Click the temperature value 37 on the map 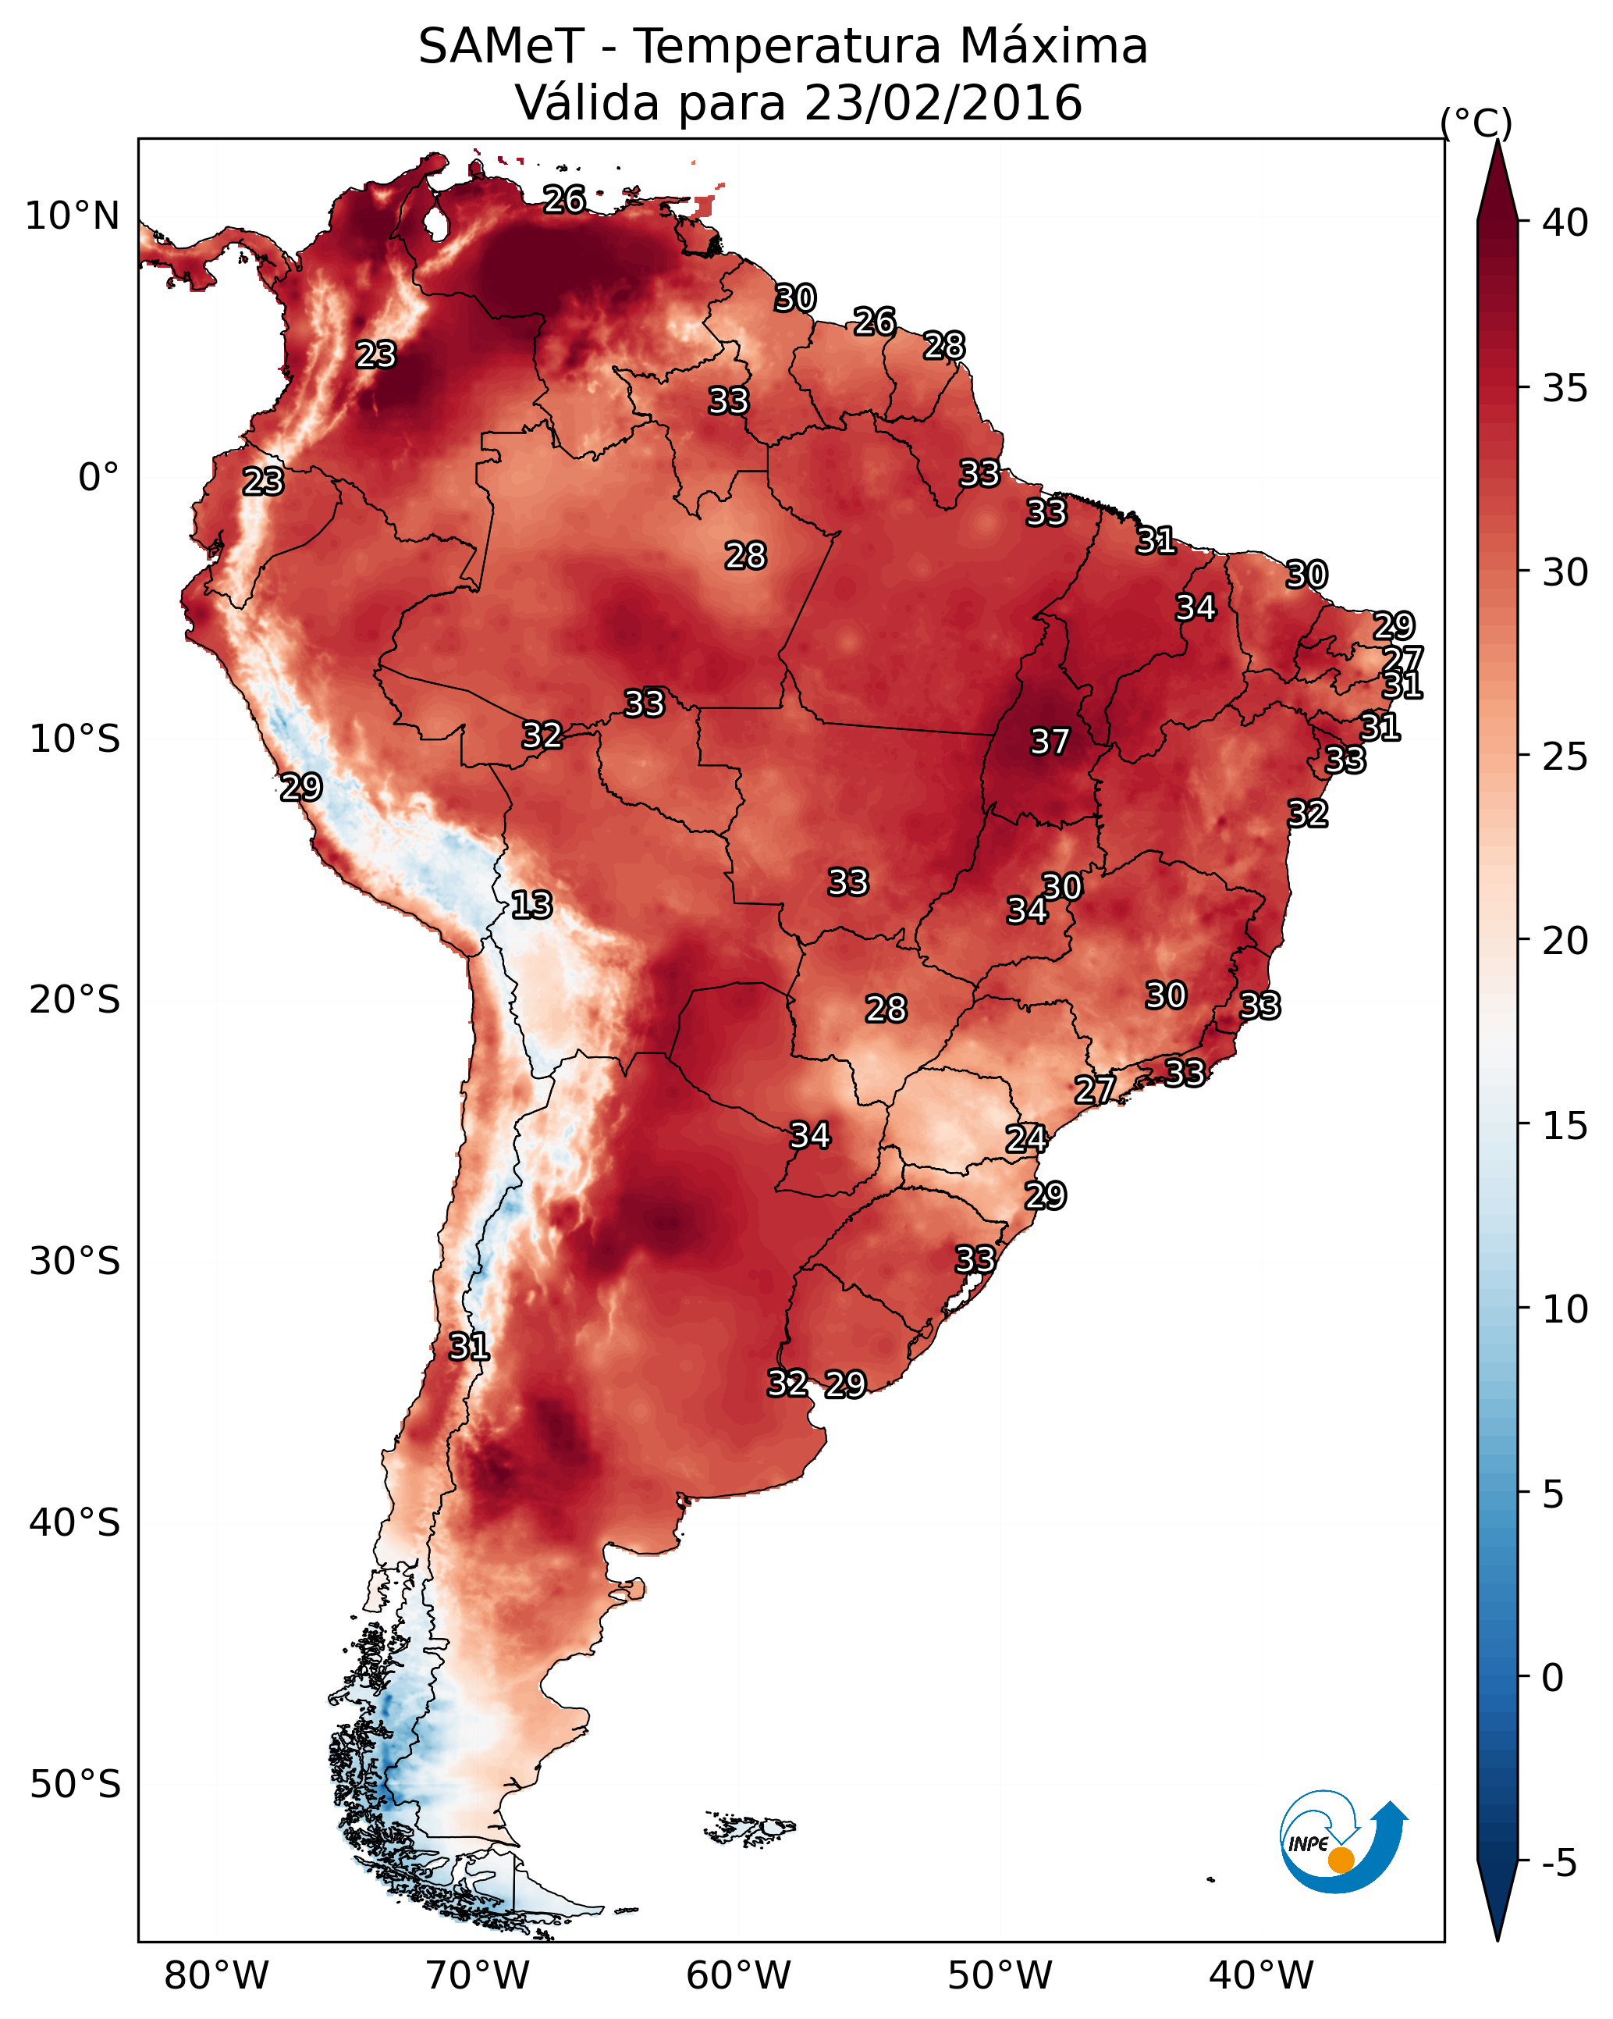(1050, 742)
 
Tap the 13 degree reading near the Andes (531, 905)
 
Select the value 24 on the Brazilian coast (1026, 1139)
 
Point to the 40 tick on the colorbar (1565, 223)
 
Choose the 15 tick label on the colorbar (1565, 1126)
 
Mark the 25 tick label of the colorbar (1565, 757)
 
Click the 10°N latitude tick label (72, 216)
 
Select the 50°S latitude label (75, 1785)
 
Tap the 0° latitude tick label (99, 478)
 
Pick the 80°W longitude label (216, 1975)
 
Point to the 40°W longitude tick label (1261, 1975)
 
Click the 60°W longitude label (739, 1975)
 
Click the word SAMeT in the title (502, 47)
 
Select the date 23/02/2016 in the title (943, 103)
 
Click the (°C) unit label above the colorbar (1476, 123)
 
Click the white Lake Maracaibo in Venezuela (435, 223)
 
